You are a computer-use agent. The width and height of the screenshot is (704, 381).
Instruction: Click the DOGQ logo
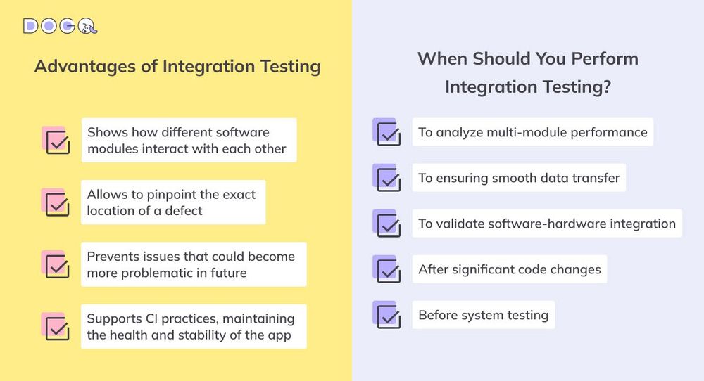click(60, 26)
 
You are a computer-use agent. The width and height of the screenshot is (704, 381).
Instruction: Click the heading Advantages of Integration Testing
click(177, 66)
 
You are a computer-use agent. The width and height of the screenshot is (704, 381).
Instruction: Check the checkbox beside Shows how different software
click(57, 141)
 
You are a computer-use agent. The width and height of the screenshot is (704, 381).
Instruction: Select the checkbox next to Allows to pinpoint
click(57, 204)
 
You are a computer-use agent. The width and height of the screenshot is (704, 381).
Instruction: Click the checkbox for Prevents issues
click(57, 266)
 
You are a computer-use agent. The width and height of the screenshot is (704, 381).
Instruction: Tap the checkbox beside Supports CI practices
click(57, 328)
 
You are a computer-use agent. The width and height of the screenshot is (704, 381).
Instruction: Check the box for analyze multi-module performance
click(388, 134)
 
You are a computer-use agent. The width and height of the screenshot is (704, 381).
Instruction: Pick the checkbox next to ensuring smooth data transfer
click(388, 179)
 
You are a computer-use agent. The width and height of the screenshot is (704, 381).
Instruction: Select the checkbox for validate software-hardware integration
click(388, 225)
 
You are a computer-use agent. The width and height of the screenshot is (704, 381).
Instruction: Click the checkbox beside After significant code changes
click(388, 271)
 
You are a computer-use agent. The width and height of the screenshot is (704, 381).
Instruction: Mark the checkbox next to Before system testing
click(388, 316)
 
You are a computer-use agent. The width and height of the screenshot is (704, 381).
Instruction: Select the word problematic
click(153, 273)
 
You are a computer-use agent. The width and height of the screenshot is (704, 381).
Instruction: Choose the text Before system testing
click(483, 315)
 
